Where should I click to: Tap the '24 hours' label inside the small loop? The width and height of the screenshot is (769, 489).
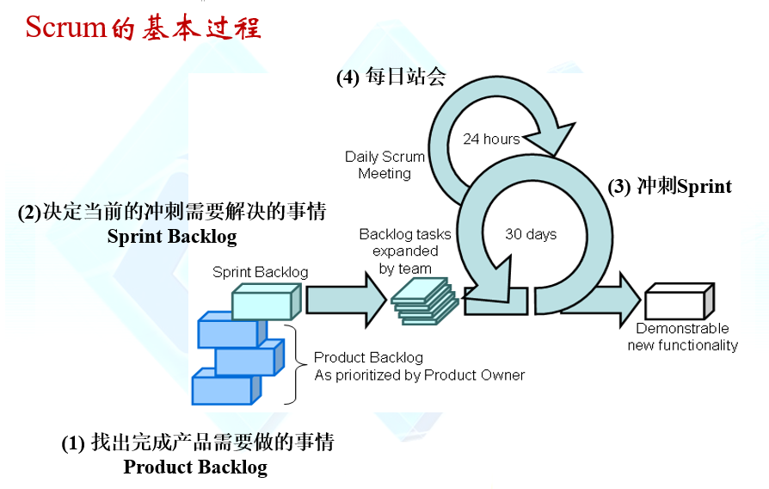(491, 139)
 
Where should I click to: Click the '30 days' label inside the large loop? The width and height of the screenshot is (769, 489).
(531, 234)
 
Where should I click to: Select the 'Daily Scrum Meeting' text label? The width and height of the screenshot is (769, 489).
(384, 165)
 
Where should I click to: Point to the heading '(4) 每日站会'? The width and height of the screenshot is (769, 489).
(391, 77)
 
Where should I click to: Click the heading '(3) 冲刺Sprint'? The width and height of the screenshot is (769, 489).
(669, 186)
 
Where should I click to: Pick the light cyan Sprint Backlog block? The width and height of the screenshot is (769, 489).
(265, 301)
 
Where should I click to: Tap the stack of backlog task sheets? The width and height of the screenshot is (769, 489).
(424, 301)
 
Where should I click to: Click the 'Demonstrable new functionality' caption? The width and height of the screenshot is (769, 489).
(682, 337)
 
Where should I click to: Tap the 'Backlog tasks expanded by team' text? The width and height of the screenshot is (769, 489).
(398, 251)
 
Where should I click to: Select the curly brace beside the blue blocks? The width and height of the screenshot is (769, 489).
(292, 364)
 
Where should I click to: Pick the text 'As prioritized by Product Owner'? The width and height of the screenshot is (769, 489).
(419, 375)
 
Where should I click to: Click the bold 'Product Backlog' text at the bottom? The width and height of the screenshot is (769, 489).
(195, 467)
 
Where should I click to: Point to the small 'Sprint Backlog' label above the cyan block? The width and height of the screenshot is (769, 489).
(260, 272)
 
